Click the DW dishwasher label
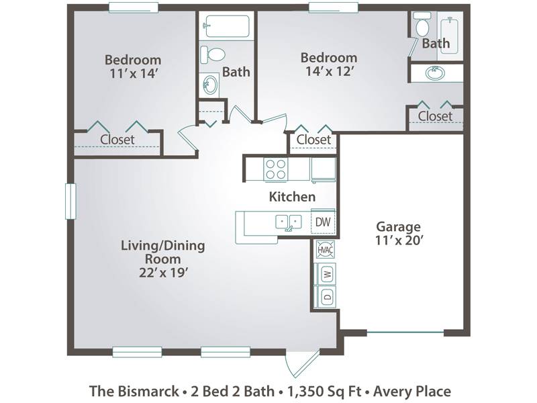[x=323, y=222]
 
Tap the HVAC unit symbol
[x=325, y=249]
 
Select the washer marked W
[x=328, y=273]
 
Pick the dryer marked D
[x=328, y=296]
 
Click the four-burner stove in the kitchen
[x=276, y=169]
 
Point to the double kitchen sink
[x=289, y=222]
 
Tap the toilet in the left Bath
[x=213, y=54]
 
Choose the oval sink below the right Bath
[x=435, y=73]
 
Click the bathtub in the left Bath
[x=227, y=26]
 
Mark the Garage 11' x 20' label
[x=399, y=233]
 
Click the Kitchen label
[x=292, y=197]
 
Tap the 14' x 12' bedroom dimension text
[x=329, y=71]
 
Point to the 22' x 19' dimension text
[x=164, y=273]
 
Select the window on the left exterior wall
[x=70, y=201]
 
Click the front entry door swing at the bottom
[x=301, y=363]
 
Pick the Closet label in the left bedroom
[x=117, y=140]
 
